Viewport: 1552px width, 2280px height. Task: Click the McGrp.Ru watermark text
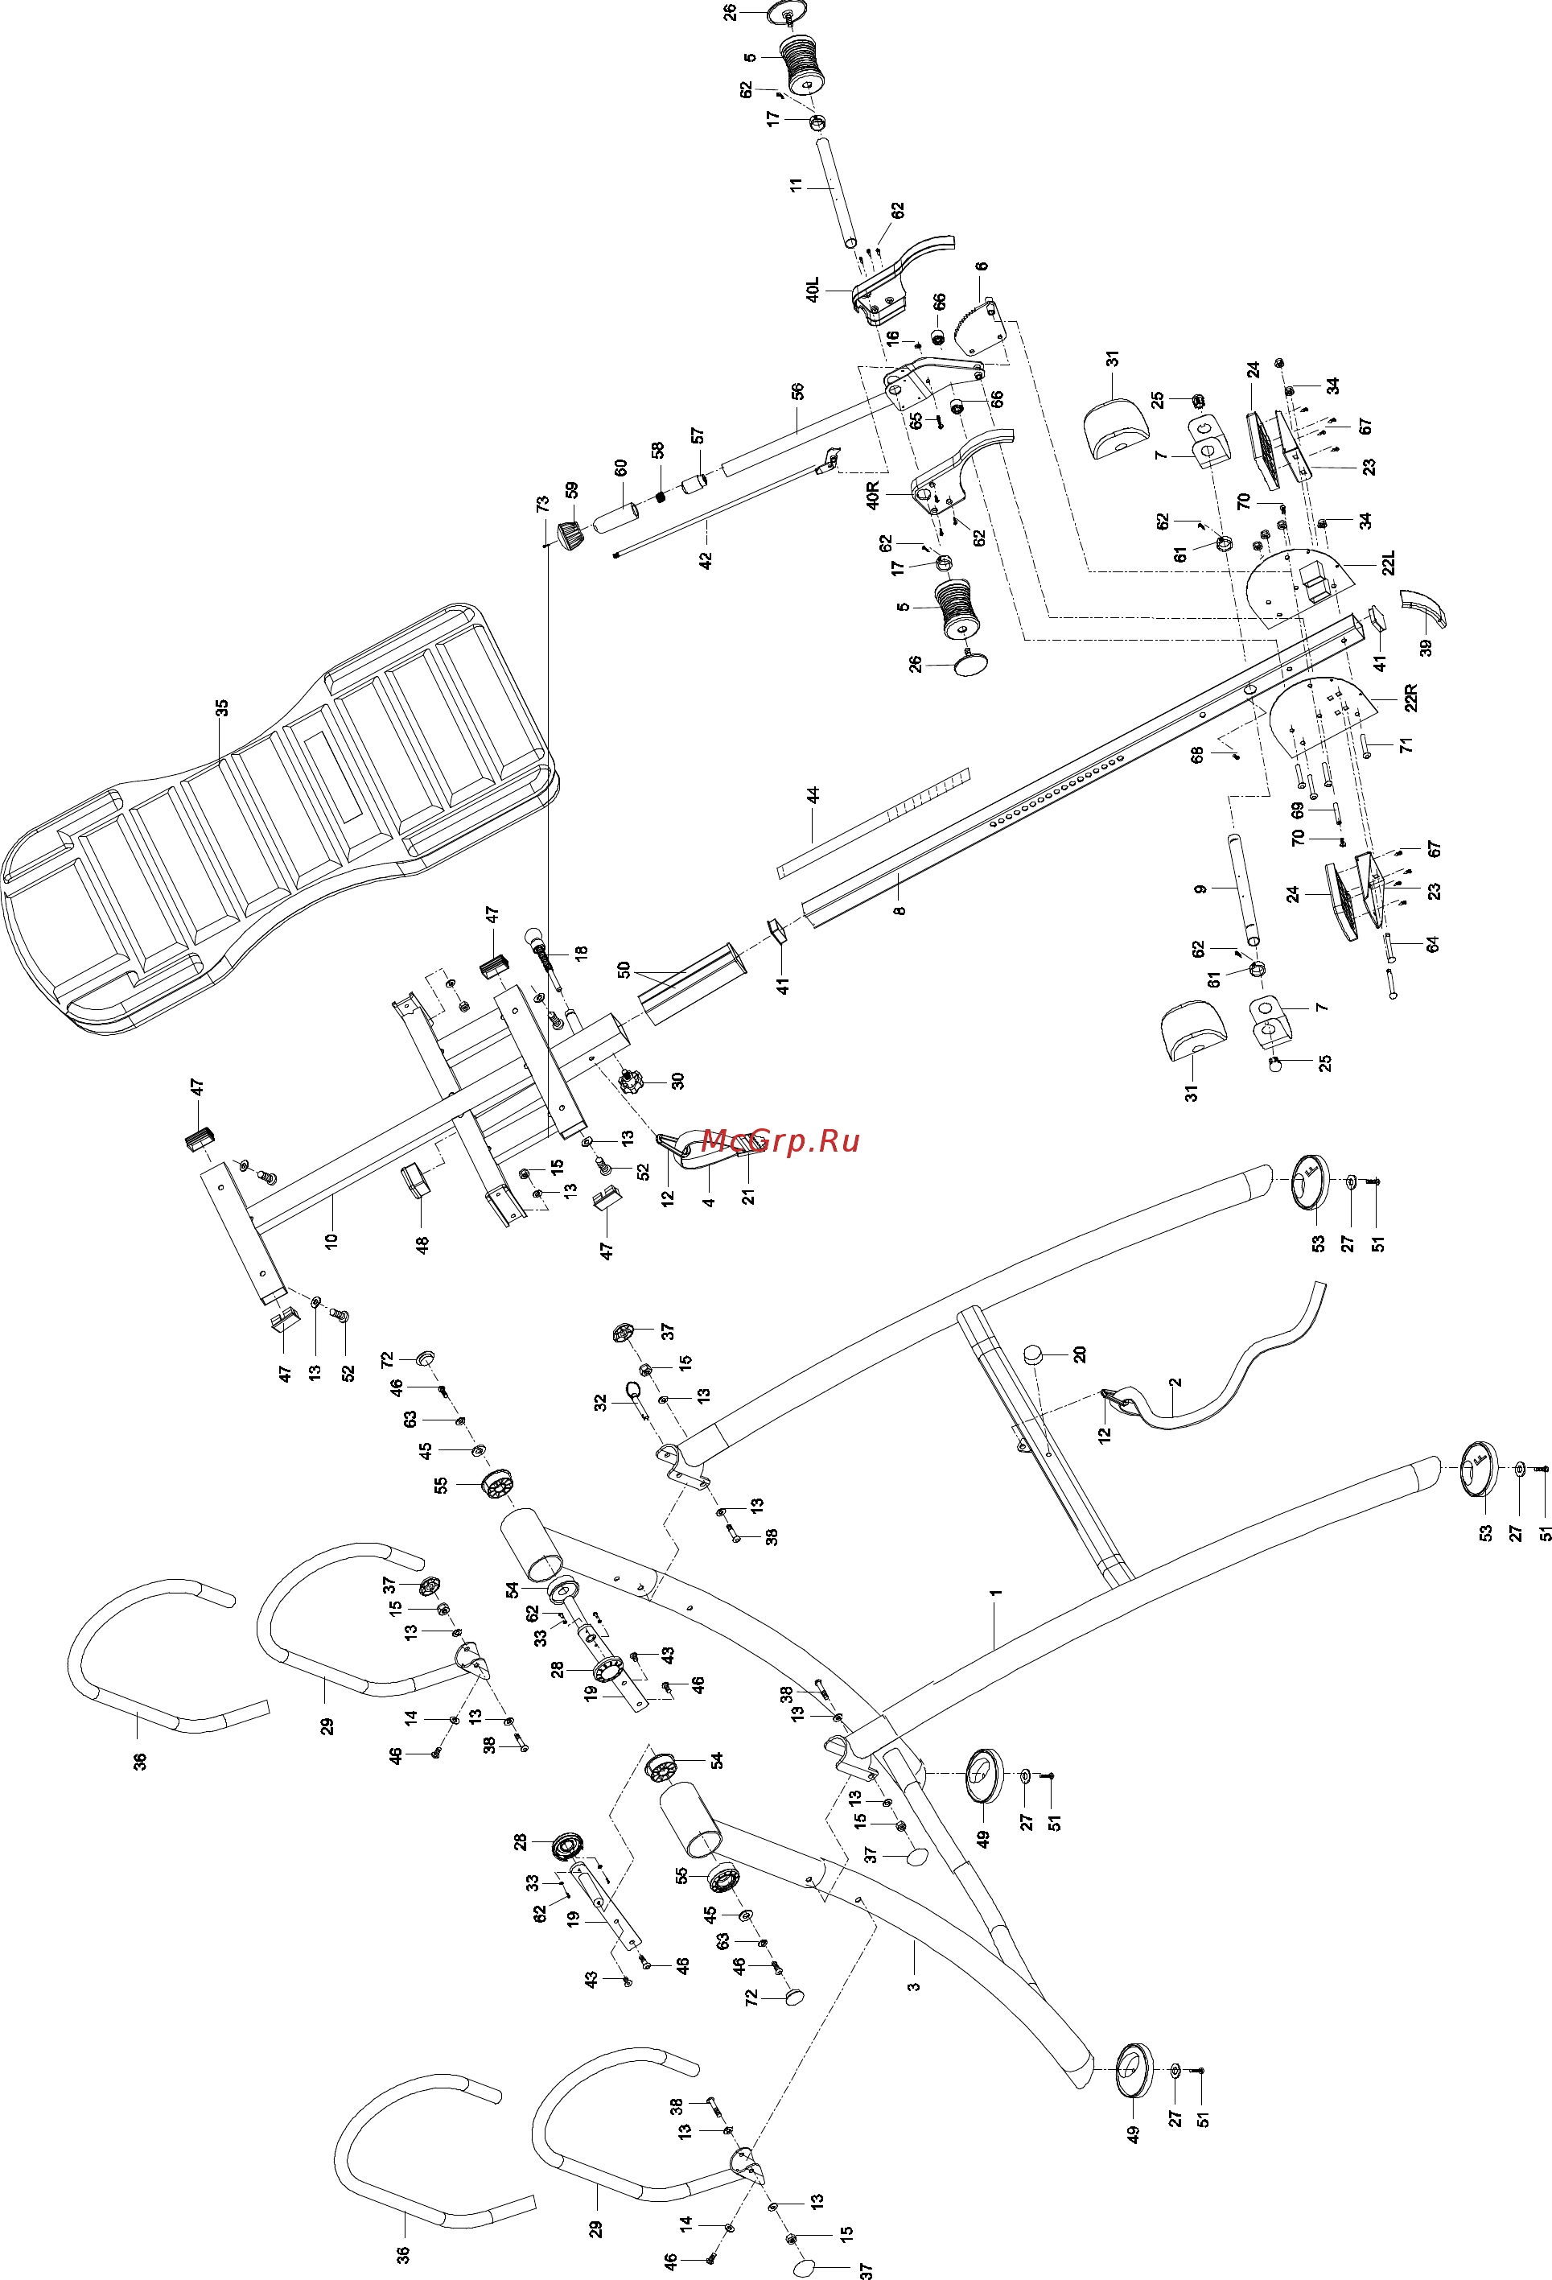pos(781,1141)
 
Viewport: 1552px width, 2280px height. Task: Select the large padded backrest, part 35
pos(280,819)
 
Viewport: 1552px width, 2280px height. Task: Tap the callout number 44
pos(813,796)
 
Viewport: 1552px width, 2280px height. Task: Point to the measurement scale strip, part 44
pos(873,823)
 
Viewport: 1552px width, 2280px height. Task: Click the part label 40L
pos(813,291)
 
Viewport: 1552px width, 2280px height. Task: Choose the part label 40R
pos(873,496)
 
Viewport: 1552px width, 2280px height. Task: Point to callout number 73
pos(542,505)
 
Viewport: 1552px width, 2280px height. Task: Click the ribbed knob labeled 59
pos(571,537)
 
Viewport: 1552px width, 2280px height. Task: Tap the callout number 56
pos(797,391)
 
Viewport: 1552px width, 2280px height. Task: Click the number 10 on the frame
pos(331,1239)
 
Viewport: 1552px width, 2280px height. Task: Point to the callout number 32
pos(600,1403)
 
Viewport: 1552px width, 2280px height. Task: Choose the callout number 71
pos(1407,745)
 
